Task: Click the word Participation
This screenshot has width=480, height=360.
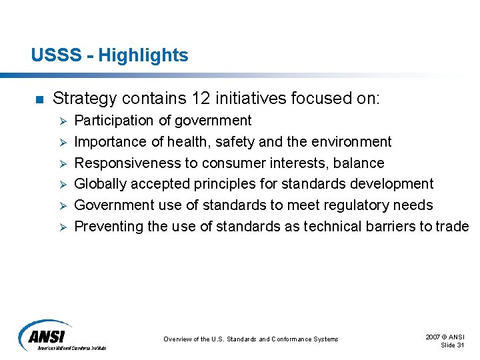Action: [113, 121]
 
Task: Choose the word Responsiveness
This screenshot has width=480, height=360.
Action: [128, 163]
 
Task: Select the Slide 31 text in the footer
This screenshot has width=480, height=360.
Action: [453, 344]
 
